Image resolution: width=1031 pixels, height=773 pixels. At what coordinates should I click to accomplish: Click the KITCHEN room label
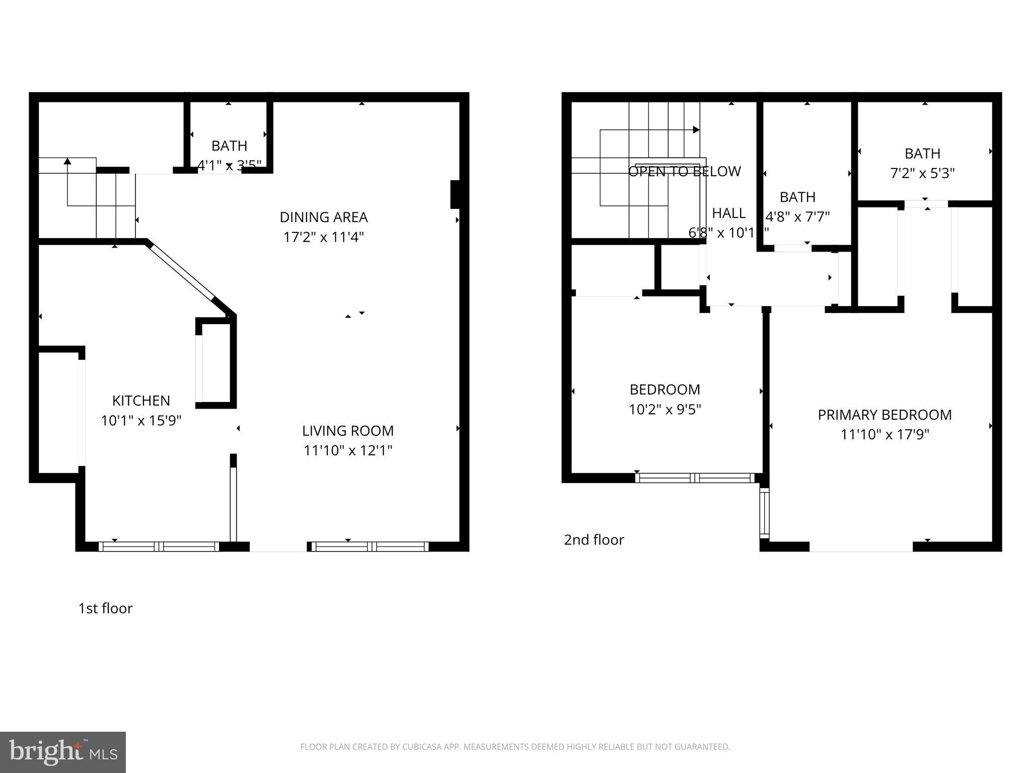[141, 401]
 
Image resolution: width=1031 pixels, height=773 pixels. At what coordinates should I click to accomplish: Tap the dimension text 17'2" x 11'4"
[323, 237]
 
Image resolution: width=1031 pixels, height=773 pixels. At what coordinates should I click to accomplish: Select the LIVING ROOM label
[348, 431]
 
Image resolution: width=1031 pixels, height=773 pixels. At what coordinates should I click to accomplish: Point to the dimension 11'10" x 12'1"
[348, 450]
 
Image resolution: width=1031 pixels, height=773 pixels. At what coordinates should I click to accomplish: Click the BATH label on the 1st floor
[229, 146]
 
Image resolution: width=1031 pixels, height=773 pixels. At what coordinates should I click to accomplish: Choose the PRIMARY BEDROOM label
[885, 415]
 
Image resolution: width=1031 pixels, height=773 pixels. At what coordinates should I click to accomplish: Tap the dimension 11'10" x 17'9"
[885, 434]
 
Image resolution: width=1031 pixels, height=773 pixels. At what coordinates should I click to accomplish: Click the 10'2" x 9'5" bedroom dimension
[665, 410]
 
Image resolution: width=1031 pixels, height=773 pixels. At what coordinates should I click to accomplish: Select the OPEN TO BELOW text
[684, 172]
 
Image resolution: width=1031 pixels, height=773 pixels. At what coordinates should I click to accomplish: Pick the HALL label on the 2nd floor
[728, 213]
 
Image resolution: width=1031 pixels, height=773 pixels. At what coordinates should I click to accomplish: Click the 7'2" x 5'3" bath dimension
[922, 173]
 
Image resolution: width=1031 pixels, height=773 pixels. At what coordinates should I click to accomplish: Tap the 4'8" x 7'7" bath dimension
[797, 217]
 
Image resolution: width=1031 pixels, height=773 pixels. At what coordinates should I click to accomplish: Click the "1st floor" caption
[105, 608]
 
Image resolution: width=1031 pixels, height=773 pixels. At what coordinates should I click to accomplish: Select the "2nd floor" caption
[594, 540]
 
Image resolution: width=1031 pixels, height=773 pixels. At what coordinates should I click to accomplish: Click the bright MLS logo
[62, 752]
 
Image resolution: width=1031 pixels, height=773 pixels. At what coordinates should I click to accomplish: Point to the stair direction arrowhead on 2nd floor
[696, 130]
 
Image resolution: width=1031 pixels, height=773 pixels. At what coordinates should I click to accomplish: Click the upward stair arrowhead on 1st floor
[67, 161]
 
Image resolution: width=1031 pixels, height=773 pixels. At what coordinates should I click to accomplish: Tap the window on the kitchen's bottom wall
[159, 547]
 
